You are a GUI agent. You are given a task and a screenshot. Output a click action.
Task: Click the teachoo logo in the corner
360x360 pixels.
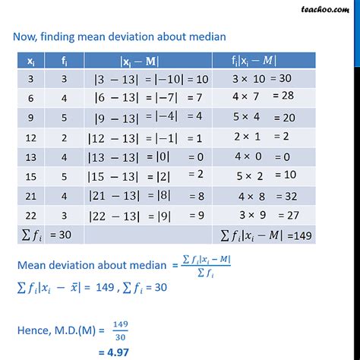(x=330, y=11)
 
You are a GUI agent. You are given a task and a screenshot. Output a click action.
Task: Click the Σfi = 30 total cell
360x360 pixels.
(x=47, y=235)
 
